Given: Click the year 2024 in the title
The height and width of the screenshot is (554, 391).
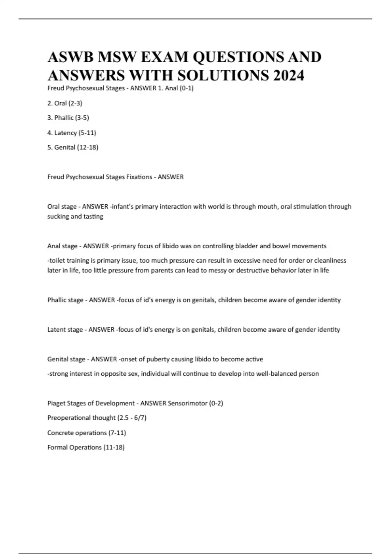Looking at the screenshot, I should tap(289, 76).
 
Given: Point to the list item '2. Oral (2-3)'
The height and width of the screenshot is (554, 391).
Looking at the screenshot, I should tap(65, 103).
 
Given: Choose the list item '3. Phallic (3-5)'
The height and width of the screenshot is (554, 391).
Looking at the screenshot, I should tap(68, 118).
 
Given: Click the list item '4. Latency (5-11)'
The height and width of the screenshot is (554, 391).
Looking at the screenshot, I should tap(72, 133).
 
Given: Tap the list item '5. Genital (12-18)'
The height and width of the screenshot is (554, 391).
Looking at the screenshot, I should tap(73, 147).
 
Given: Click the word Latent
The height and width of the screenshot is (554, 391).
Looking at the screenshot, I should tap(56, 330).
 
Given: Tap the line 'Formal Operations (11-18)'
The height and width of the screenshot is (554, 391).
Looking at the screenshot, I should tap(86, 447).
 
